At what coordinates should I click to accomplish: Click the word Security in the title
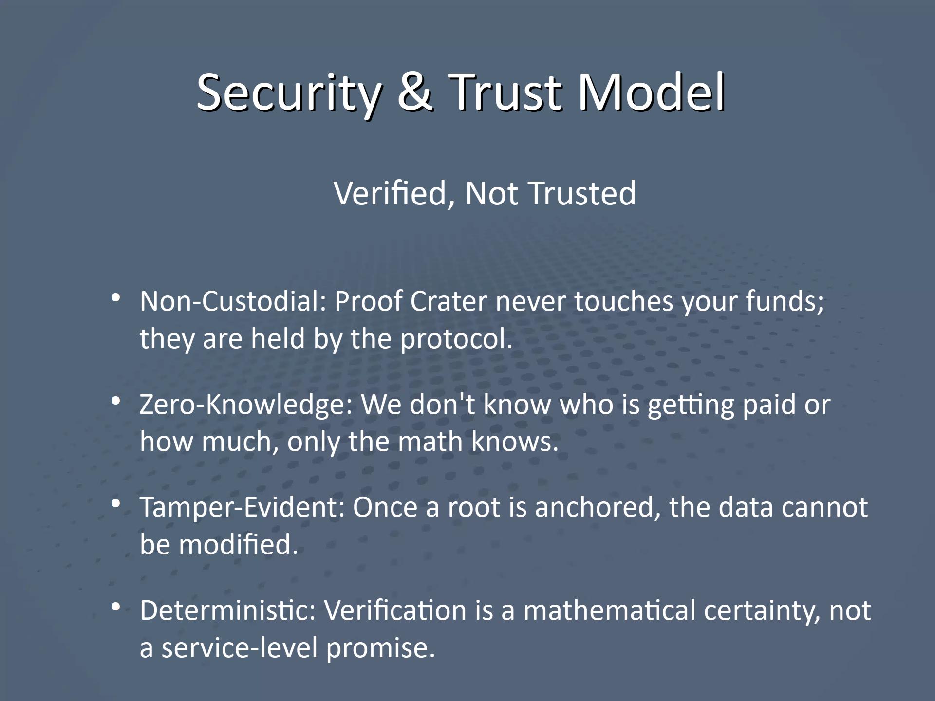(288, 92)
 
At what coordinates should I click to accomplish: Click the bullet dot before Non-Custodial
(115, 297)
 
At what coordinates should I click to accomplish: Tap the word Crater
(448, 301)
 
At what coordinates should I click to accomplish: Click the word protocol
(456, 339)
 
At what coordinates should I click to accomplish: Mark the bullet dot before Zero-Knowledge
(115, 401)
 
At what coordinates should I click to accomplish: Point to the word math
(430, 442)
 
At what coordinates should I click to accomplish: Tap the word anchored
(598, 508)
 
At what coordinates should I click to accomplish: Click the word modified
(238, 545)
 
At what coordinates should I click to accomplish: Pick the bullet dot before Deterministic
(115, 607)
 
